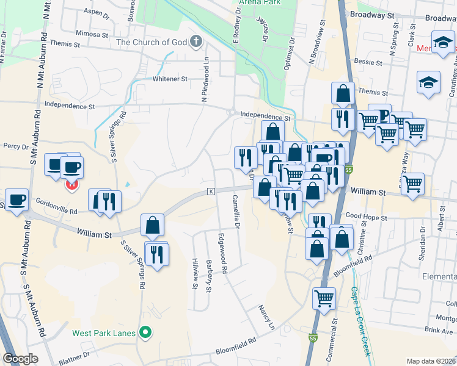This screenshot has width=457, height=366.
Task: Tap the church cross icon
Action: (x=196, y=42)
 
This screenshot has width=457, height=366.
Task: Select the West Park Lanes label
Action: (x=103, y=333)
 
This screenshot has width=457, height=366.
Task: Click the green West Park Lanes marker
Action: (x=145, y=333)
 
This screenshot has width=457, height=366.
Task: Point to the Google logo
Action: (x=20, y=359)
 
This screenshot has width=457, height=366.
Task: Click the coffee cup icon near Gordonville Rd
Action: (x=16, y=199)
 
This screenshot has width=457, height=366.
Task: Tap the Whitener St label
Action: (x=169, y=79)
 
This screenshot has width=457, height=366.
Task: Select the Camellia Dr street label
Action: (x=236, y=212)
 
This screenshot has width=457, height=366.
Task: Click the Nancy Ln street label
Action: (x=267, y=317)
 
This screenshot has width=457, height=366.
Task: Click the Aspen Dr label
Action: (x=87, y=12)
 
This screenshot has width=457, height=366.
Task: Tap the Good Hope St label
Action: (x=367, y=217)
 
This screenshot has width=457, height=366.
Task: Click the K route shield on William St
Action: (x=211, y=191)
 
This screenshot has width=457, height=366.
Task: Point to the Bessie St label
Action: (x=368, y=62)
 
